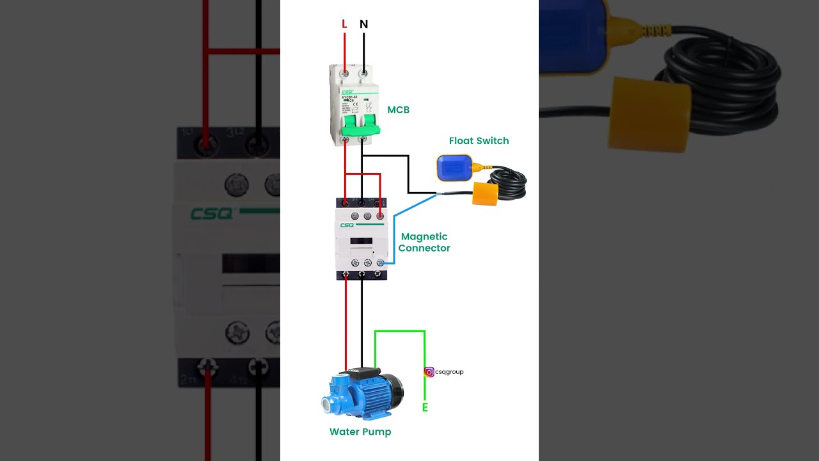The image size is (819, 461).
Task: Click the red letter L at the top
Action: [344, 24]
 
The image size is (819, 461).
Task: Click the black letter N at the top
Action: [363, 24]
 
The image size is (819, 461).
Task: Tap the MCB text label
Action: [398, 110]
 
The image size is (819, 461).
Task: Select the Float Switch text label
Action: [479, 141]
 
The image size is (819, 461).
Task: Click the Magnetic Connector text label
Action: [424, 243]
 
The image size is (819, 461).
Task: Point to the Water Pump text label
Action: [360, 432]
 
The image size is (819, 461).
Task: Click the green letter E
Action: [425, 408]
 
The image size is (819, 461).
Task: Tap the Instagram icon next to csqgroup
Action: [429, 372]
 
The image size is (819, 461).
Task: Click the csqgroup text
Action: [449, 372]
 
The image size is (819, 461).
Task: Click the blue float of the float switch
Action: [454, 168]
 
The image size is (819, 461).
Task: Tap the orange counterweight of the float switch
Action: [485, 193]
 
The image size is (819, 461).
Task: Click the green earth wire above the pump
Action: [399, 332]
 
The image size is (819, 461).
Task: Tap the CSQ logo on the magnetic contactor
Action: [347, 225]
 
